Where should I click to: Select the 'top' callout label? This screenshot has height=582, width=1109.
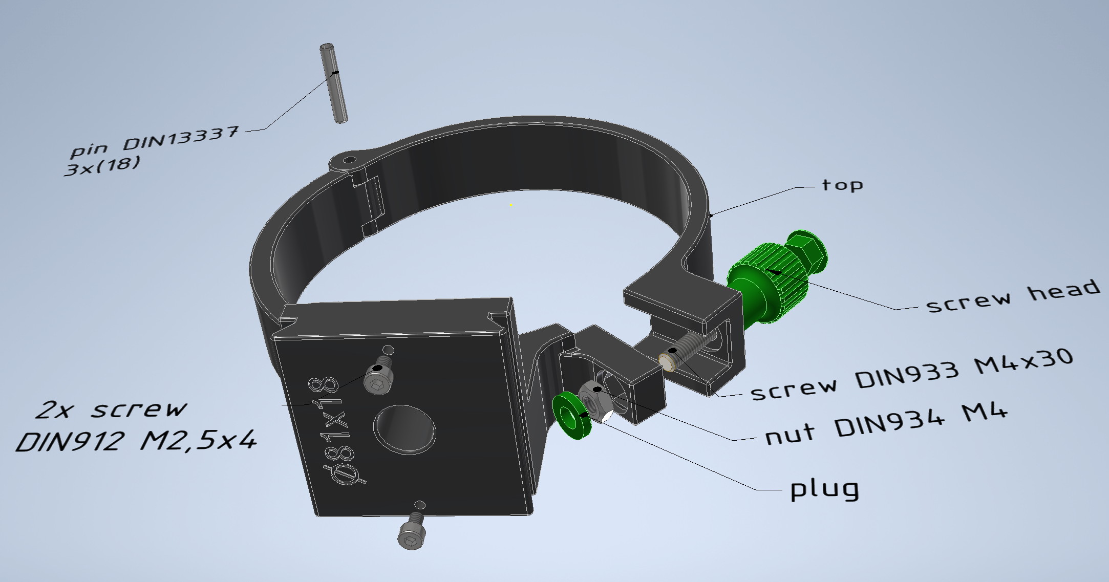tap(842, 185)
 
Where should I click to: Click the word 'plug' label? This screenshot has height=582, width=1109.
tap(824, 489)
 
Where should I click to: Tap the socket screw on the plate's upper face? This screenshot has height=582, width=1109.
tap(379, 377)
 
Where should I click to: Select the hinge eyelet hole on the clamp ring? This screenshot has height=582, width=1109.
tap(350, 160)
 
